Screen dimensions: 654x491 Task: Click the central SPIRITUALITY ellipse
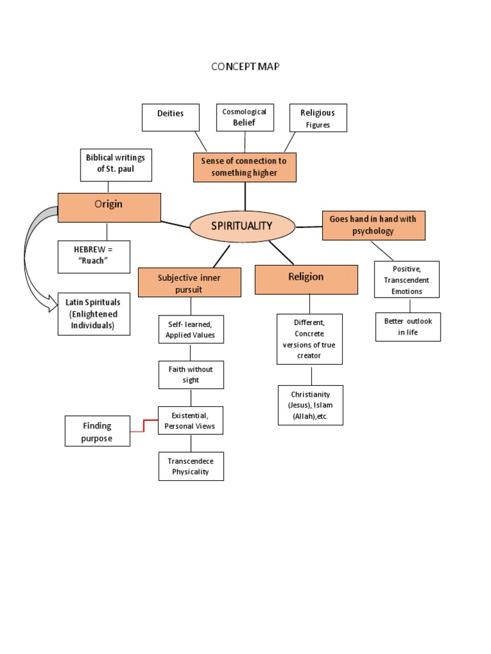click(242, 226)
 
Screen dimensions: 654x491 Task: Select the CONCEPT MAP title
click(245, 66)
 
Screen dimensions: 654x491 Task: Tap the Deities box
click(170, 118)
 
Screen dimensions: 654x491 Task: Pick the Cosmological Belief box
click(244, 118)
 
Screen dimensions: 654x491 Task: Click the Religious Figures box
click(318, 118)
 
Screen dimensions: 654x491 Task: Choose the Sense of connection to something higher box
click(244, 167)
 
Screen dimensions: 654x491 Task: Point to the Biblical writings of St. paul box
click(116, 163)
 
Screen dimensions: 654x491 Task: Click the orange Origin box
click(109, 207)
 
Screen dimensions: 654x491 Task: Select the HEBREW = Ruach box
click(93, 257)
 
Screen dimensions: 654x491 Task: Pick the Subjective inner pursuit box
click(189, 282)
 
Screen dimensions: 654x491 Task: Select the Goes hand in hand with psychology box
click(373, 225)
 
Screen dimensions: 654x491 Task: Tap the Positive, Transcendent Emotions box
click(407, 280)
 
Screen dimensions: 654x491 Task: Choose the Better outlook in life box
click(408, 327)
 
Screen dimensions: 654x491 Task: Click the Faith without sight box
click(191, 374)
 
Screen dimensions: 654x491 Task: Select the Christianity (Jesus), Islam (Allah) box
click(310, 405)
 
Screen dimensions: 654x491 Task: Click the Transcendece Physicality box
click(191, 466)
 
